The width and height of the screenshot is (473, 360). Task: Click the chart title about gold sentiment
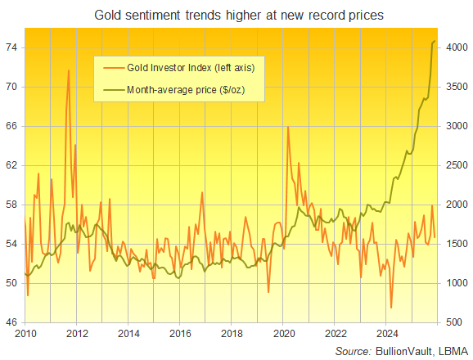pos(237,14)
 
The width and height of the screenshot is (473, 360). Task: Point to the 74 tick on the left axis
pos(14,47)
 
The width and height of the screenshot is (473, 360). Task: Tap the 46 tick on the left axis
pos(14,322)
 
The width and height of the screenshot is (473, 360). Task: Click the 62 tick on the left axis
pos(14,165)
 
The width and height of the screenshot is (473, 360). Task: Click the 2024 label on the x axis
pos(387,334)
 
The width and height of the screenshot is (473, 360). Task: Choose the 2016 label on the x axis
pos(181,334)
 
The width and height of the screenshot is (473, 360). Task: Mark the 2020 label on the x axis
pos(284,334)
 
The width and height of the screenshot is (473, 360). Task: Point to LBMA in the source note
pos(453,350)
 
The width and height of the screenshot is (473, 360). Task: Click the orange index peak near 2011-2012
pos(69,70)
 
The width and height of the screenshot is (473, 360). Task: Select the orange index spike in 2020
pos(288,127)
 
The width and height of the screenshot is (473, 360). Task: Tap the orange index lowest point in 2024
pos(391,308)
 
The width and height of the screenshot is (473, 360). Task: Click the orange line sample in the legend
pos(110,66)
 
